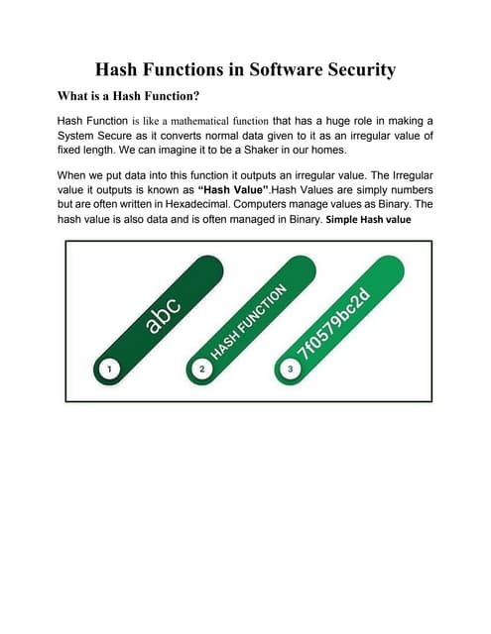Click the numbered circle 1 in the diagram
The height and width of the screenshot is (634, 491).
click(x=110, y=369)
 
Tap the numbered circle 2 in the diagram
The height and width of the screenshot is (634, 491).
click(x=202, y=369)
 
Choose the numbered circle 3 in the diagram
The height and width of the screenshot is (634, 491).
click(x=290, y=369)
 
